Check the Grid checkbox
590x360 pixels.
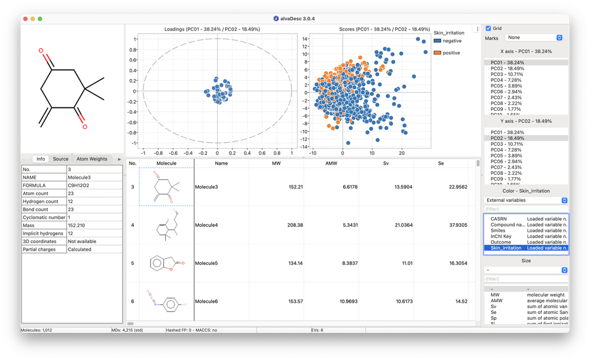488,28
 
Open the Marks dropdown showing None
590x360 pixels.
535,38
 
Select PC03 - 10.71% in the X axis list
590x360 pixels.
507,74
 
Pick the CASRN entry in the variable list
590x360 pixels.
499,218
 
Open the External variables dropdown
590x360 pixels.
526,200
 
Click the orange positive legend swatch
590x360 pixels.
437,53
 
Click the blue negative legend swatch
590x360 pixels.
437,41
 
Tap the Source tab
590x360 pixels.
61,159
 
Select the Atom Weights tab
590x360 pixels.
92,159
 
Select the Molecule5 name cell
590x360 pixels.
207,263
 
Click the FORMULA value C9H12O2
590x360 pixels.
78,184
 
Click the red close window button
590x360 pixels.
25,19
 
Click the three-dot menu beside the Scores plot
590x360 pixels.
477,29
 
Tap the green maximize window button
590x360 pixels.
40,19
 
